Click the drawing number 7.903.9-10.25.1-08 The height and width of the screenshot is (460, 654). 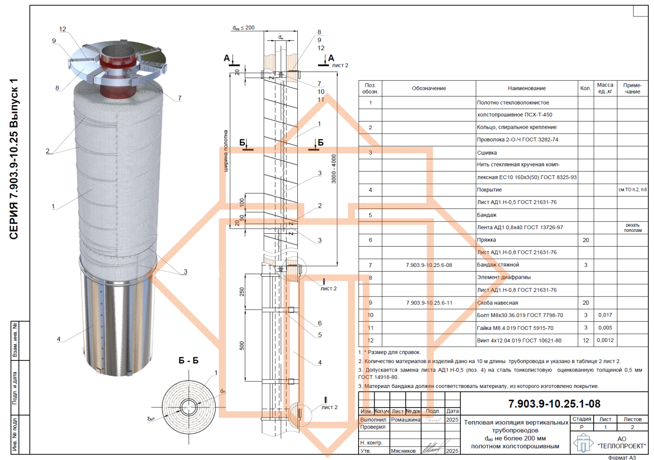554,404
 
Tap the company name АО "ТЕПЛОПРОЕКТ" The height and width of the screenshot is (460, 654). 622,443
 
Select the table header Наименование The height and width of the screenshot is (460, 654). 527,88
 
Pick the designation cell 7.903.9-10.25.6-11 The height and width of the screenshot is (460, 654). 429,303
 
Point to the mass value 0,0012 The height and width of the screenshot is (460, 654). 605,340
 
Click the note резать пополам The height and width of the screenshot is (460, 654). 633,228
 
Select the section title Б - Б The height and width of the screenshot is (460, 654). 189,360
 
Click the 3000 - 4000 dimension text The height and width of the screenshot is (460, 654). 334,168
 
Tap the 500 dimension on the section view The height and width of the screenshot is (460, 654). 242,346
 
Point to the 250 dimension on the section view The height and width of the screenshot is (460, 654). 242,292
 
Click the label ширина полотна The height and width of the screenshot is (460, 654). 226,151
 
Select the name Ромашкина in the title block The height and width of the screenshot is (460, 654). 406,420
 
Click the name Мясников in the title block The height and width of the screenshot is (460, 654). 403,451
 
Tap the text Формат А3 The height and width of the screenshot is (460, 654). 622,457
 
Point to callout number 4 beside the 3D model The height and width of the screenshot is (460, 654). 59,339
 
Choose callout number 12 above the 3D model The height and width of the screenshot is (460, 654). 62,29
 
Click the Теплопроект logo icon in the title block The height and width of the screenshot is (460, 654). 583,443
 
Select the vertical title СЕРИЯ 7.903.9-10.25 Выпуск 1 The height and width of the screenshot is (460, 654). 14,159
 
